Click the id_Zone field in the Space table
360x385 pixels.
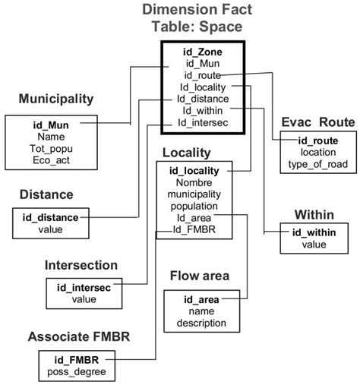203,52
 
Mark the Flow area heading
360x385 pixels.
200,276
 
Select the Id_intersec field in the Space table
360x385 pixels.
203,121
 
